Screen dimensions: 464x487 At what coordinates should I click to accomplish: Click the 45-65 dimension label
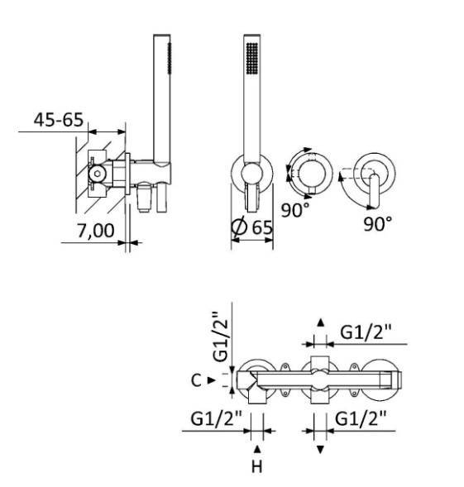click(59, 120)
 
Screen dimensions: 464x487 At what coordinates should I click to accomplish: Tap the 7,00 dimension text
click(96, 231)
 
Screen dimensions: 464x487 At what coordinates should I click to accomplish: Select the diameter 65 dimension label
click(252, 227)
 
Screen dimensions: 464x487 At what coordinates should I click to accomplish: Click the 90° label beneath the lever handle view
click(378, 223)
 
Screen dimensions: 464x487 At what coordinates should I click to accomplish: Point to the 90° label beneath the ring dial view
click(295, 210)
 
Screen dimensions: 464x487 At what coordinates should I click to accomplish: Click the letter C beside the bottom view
click(196, 380)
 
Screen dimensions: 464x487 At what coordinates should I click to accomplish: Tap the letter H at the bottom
click(256, 466)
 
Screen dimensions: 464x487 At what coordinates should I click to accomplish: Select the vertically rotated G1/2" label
click(221, 337)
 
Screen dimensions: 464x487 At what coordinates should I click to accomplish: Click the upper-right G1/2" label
click(366, 332)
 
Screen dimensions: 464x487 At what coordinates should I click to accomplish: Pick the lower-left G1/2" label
click(216, 418)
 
